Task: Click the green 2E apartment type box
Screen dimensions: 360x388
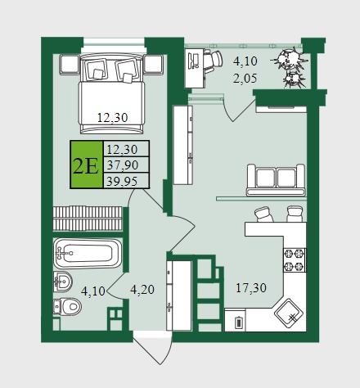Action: click(x=87, y=165)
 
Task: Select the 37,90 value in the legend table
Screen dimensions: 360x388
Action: click(x=123, y=165)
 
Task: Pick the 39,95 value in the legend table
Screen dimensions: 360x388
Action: click(x=122, y=181)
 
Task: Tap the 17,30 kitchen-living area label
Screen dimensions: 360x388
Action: click(x=251, y=288)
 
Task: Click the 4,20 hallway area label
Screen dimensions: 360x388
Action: click(x=142, y=290)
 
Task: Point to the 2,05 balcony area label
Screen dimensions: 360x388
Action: click(x=245, y=79)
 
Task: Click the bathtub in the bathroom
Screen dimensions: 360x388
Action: click(x=88, y=254)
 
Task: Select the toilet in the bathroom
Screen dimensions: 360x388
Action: click(x=67, y=306)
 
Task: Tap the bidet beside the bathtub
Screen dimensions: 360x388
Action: click(x=63, y=282)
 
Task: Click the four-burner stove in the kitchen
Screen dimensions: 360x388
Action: click(x=295, y=260)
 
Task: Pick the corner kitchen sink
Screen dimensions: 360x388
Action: click(x=290, y=314)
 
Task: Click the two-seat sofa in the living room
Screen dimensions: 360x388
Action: click(x=276, y=180)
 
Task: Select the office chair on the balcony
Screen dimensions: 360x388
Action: click(x=213, y=61)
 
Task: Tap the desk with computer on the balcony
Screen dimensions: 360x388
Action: click(x=195, y=68)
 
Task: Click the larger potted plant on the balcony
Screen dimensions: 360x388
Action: click(x=290, y=59)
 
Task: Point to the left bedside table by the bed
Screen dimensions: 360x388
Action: click(x=70, y=65)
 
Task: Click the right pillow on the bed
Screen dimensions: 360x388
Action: click(x=127, y=70)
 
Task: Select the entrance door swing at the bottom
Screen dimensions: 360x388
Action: click(x=153, y=349)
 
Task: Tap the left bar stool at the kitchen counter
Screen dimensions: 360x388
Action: click(x=263, y=214)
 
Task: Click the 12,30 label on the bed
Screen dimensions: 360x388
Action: click(x=113, y=118)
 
